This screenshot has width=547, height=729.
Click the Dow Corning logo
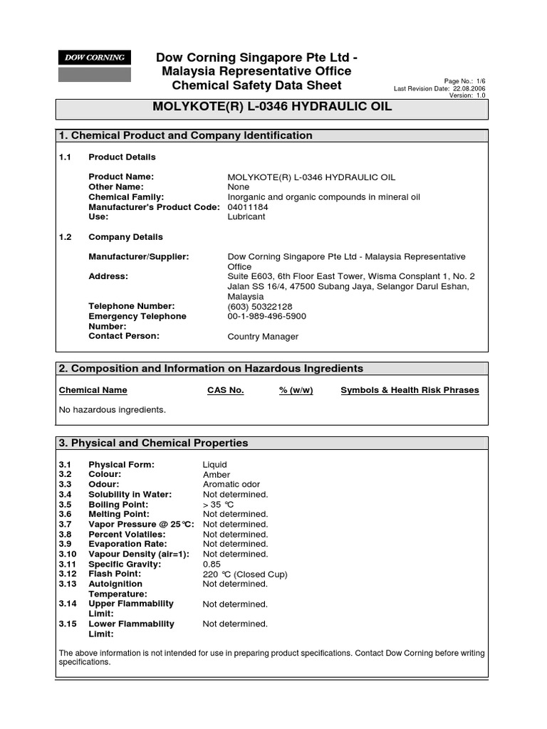pyautogui.click(x=94, y=58)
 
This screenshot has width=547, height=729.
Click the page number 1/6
pyautogui.click(x=476, y=81)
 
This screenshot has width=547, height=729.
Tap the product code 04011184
pyautogui.click(x=248, y=207)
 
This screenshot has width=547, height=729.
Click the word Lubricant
pyautogui.click(x=246, y=217)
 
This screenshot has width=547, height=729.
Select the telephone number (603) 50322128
pyautogui.click(x=259, y=306)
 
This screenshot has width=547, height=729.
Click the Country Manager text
pyautogui.click(x=263, y=337)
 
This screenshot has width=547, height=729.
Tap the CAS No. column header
pyautogui.click(x=225, y=390)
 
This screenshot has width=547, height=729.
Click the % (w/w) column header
pyautogui.click(x=296, y=390)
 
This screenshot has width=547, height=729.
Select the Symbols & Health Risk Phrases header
pyautogui.click(x=410, y=390)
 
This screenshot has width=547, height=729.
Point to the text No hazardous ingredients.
pyautogui.click(x=112, y=409)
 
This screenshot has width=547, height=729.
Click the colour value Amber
pyautogui.click(x=217, y=474)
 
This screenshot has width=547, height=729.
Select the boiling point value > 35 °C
pyautogui.click(x=222, y=504)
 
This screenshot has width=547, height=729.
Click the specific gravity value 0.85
pyautogui.click(x=212, y=564)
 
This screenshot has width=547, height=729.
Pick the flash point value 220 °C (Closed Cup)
pyautogui.click(x=245, y=574)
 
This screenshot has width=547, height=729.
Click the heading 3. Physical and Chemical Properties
pyautogui.click(x=153, y=443)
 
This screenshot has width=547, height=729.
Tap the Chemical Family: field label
pyautogui.click(x=126, y=197)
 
